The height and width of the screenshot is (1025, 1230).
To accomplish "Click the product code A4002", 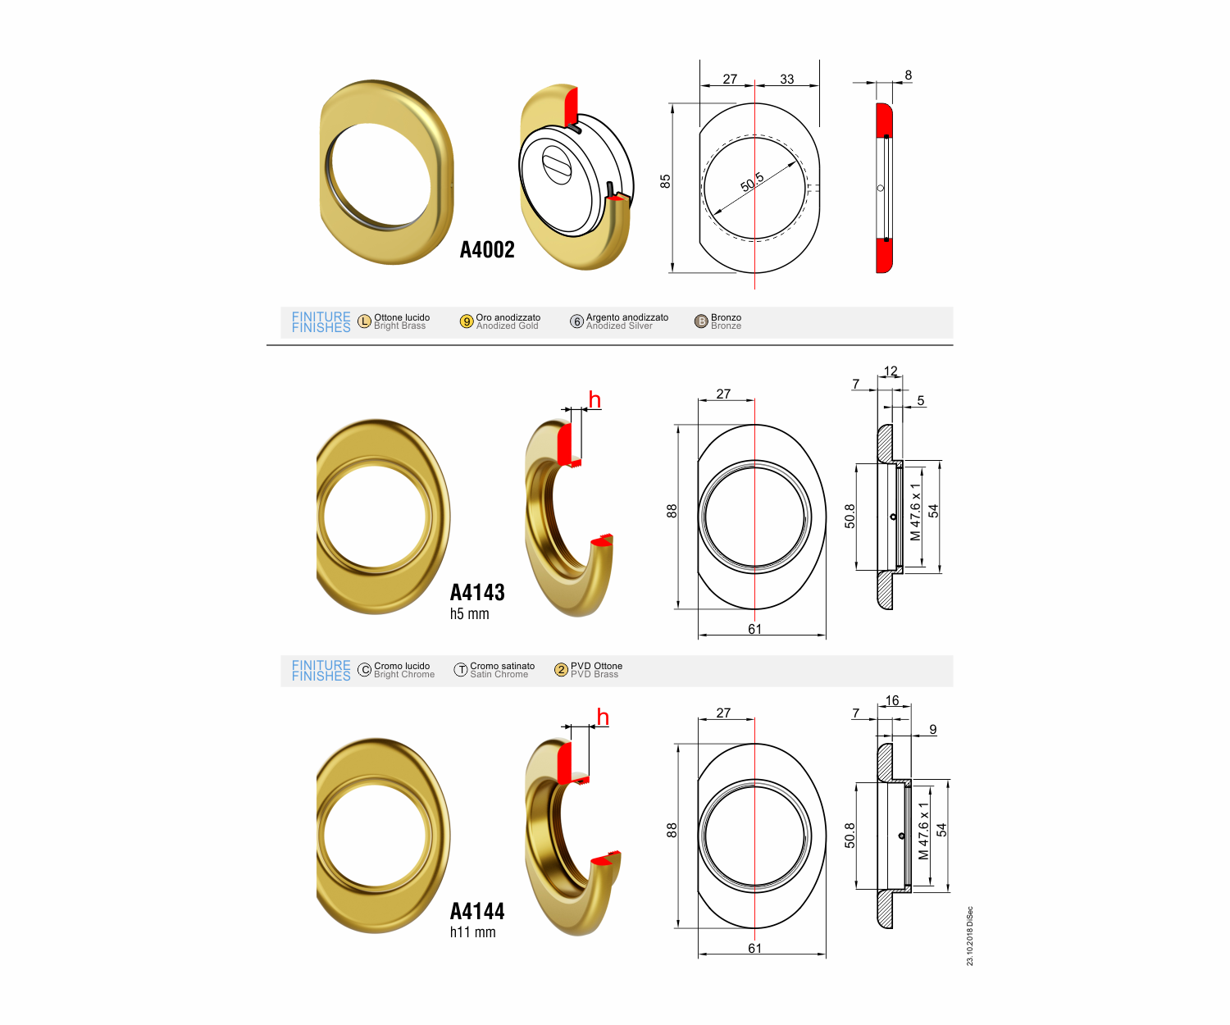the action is tap(486, 250).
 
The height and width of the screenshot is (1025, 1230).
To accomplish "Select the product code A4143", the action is tap(477, 593).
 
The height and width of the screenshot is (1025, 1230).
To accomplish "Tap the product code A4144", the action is tap(477, 911).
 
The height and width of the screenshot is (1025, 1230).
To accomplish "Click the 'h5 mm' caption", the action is tap(470, 614).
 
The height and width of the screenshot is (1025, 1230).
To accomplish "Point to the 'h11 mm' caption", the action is tap(472, 932).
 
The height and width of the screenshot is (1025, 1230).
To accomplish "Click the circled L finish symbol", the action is tap(365, 321).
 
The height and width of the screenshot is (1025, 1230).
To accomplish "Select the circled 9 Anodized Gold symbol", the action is tap(467, 321).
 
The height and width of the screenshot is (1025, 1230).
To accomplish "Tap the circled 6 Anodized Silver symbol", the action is tap(576, 321).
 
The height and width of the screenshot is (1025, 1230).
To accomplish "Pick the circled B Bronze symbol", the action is tap(701, 321).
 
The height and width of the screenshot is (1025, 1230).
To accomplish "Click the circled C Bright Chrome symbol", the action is tap(365, 670).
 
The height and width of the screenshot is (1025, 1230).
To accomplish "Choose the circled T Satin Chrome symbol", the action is tap(461, 670).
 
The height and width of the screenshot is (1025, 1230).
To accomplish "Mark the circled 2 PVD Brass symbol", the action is tap(562, 670).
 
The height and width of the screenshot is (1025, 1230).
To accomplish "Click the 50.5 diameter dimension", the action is tap(752, 182).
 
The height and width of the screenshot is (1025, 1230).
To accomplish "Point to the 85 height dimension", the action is tap(666, 181).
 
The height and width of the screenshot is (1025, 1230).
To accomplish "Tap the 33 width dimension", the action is tap(787, 79).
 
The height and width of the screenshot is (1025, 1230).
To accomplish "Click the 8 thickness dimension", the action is tap(909, 75).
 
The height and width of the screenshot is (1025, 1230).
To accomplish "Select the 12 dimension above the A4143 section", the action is tap(891, 371).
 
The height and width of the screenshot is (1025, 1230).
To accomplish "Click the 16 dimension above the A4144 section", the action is tap(892, 700).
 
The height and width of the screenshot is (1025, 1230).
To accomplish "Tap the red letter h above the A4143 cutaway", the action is tap(595, 400).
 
